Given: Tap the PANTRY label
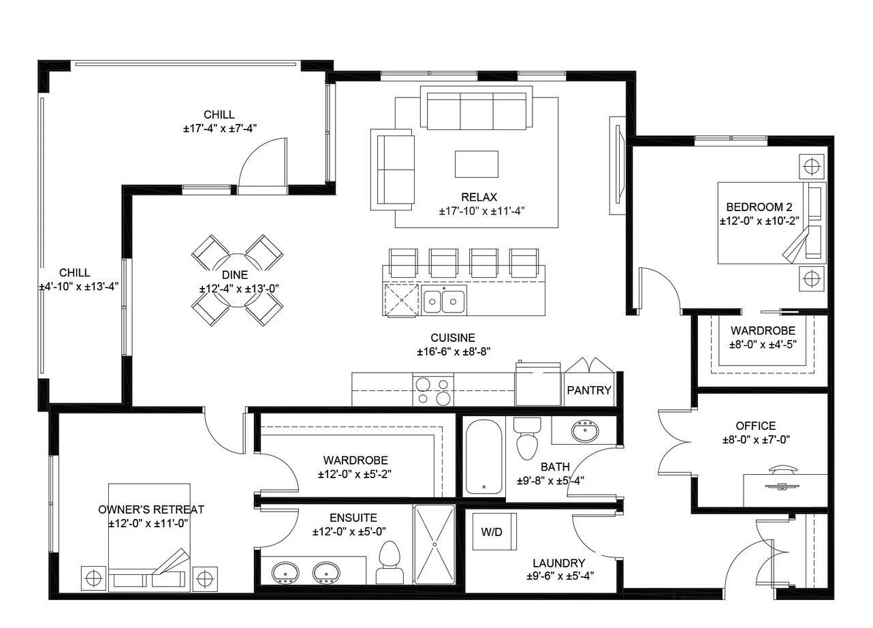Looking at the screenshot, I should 589,391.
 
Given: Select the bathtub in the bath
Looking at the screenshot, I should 483,455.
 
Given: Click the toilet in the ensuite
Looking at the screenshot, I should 390,563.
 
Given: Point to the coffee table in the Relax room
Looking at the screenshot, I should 476,164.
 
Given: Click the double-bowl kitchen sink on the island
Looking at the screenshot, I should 443,300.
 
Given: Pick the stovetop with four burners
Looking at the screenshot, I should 434,391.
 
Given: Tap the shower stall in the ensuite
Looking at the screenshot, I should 434,544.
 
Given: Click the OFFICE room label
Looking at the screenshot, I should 755,426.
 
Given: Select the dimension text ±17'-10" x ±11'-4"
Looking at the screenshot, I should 481,211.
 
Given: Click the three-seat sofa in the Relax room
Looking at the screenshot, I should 477,109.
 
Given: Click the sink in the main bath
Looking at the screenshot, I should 584,431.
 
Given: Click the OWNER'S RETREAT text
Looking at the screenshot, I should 151,509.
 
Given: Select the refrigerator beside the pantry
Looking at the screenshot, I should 538,385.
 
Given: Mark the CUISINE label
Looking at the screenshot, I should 453,338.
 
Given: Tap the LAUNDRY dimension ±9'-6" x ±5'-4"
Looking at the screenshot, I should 559,576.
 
